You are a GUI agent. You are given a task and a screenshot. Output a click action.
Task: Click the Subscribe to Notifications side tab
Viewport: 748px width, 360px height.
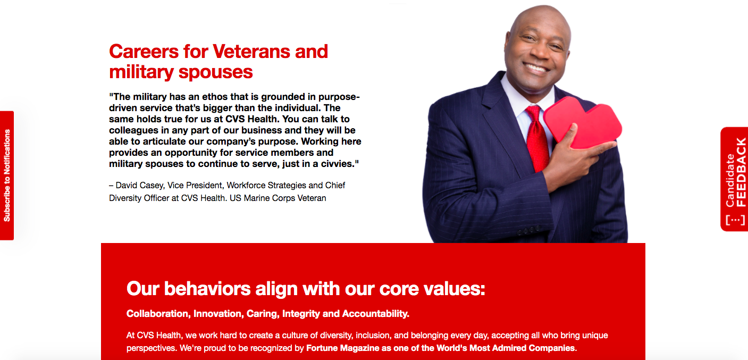[x=7, y=175]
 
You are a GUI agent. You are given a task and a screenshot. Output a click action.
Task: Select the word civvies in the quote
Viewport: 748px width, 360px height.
[x=337, y=164]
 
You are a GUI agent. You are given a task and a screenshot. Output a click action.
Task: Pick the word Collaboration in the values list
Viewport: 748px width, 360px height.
[x=157, y=314]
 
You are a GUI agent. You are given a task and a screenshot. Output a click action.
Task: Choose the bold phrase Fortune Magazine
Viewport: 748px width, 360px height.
[x=343, y=348]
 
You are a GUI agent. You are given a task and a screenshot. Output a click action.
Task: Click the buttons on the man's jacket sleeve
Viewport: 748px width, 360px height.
[x=528, y=231]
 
